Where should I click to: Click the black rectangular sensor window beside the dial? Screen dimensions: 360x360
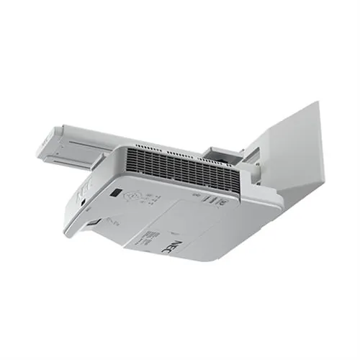116,192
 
